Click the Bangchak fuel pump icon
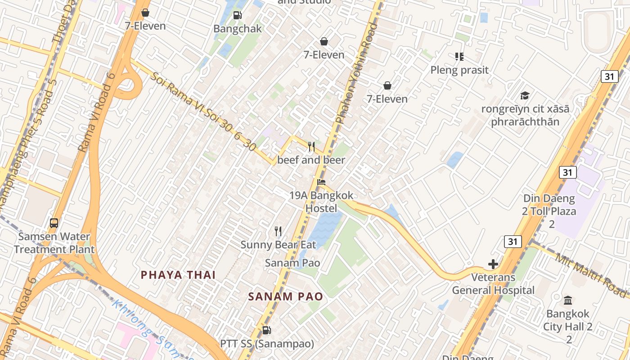(237, 16)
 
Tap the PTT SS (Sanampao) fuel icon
(266, 331)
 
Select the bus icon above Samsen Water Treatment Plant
(54, 223)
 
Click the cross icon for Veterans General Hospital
(493, 264)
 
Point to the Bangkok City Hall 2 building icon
(568, 300)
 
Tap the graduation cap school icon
(525, 95)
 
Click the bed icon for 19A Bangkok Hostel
(321, 182)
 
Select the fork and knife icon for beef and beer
(311, 147)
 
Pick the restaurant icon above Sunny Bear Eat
(278, 231)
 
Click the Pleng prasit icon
(459, 57)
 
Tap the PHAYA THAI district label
(178, 275)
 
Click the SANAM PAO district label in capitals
(285, 297)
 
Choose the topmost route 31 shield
(609, 76)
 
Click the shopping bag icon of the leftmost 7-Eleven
(145, 13)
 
